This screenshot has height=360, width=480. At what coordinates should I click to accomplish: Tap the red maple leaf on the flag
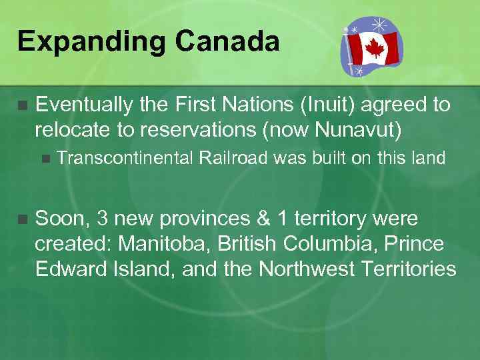374,48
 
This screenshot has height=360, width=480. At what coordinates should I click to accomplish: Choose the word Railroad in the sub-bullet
231,158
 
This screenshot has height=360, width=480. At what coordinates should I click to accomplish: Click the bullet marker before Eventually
22,105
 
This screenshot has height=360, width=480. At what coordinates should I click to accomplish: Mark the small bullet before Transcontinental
45,159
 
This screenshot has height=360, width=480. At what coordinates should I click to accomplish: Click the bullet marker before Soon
22,219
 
